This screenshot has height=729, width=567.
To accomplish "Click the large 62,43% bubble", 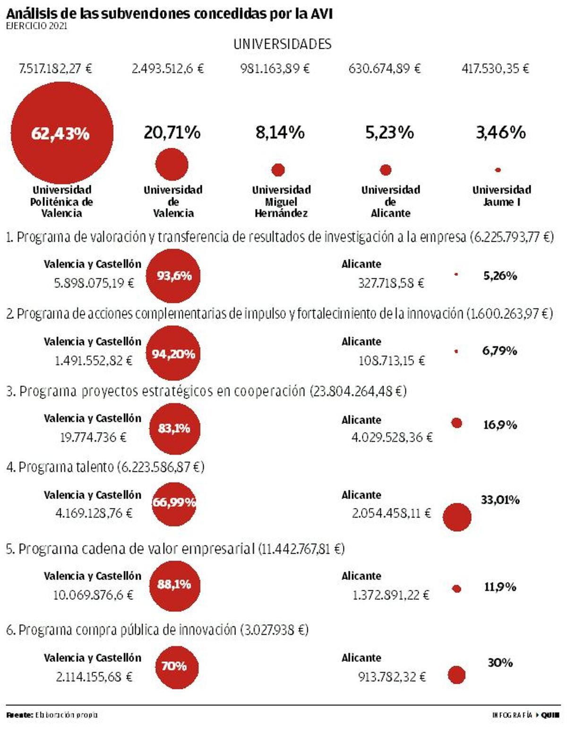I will pyautogui.click(x=61, y=133).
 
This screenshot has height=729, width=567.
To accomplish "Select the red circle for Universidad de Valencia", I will pyautogui.click(x=172, y=164).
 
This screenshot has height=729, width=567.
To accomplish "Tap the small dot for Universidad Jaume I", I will pyautogui.click(x=498, y=170).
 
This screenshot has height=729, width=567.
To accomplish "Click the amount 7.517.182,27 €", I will pyautogui.click(x=55, y=69).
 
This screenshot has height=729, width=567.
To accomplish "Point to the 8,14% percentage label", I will pyautogui.click(x=280, y=132).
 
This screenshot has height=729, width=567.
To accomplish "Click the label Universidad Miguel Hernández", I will pyautogui.click(x=281, y=202).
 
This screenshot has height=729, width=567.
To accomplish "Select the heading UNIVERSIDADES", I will pyautogui.click(x=282, y=44).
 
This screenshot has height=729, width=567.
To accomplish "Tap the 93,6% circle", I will pyautogui.click(x=173, y=276).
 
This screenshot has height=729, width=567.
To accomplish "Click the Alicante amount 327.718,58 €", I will pyautogui.click(x=391, y=283).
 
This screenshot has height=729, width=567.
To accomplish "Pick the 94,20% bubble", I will pyautogui.click(x=173, y=353).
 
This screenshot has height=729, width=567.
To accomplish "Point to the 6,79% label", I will pyautogui.click(x=499, y=351).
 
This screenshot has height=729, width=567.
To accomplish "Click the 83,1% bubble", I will pyautogui.click(x=174, y=429).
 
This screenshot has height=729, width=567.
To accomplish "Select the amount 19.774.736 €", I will pyautogui.click(x=93, y=438).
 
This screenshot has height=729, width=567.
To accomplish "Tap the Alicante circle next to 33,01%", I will pyautogui.click(x=457, y=517).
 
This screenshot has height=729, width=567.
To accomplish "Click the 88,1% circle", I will pyautogui.click(x=174, y=585).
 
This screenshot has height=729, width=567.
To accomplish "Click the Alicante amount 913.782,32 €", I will pyautogui.click(x=392, y=677).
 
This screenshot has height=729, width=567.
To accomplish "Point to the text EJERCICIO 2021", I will pyautogui.click(x=36, y=26).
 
